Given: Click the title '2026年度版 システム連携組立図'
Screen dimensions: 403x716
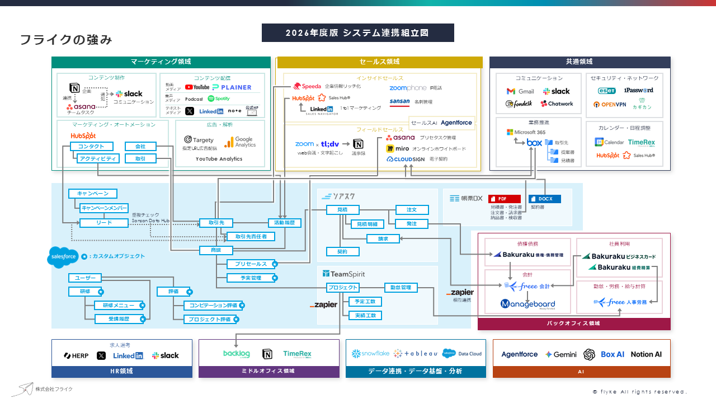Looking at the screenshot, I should (x=357, y=33).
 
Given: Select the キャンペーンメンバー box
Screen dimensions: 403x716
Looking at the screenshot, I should (x=104, y=208).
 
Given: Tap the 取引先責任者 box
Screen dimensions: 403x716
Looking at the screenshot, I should (x=255, y=237).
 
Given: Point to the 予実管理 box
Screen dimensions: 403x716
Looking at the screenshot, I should (x=251, y=278).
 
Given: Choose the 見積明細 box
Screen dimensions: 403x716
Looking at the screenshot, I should (x=367, y=224).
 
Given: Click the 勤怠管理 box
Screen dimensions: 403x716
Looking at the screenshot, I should (x=401, y=288).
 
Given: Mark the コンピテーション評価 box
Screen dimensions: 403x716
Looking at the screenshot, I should (x=213, y=306).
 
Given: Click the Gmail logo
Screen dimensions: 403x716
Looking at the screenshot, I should (x=520, y=91).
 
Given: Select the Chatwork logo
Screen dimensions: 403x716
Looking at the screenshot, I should (x=557, y=104).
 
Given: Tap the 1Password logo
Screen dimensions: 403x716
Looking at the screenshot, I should (x=638, y=90).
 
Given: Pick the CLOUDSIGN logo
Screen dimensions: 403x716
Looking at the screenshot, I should (x=406, y=159).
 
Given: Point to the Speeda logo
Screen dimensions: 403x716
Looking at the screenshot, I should (x=307, y=86).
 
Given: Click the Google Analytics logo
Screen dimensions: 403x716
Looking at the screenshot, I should (x=240, y=142).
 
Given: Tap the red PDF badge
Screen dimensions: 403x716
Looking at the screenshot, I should (x=504, y=199).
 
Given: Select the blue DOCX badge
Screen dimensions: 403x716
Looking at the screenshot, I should (x=544, y=199).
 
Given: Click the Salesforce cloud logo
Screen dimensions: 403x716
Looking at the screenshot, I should (x=62, y=257).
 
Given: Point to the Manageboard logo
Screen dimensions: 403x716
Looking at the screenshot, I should (x=527, y=304).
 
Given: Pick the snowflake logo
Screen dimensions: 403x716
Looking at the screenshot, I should (x=370, y=354).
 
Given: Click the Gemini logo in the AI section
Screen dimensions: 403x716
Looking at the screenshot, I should (x=561, y=354).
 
